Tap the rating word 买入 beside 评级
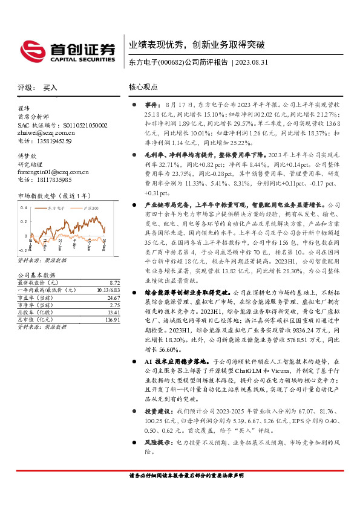50,88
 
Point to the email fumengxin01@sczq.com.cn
53,172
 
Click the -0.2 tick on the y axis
23,249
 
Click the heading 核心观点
143,87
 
